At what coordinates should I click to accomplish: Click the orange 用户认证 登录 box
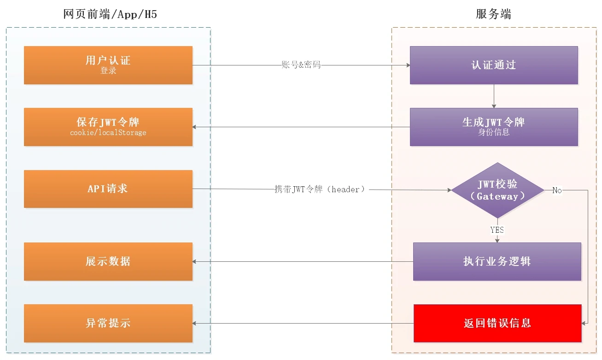108,65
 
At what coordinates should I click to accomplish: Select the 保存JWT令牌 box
108,127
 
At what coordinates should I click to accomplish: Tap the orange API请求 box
108,189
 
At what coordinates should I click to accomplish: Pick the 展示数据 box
108,261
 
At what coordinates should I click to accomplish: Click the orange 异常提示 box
108,323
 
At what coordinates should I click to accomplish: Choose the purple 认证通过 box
494,65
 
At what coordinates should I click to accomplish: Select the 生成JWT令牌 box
494,127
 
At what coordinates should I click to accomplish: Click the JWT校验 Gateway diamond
497,190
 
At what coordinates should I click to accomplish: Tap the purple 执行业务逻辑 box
497,261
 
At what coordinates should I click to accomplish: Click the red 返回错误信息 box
497,323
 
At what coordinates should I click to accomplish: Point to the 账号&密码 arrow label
301,65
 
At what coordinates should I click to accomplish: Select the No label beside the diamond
557,190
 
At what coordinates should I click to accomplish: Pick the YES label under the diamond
497,230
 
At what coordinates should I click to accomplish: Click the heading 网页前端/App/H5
110,14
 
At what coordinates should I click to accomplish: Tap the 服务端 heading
493,14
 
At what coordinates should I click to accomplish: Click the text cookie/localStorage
108,133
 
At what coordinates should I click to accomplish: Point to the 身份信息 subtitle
494,133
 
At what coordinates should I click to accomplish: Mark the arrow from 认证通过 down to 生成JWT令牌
494,96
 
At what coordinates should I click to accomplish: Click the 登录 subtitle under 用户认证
108,71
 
